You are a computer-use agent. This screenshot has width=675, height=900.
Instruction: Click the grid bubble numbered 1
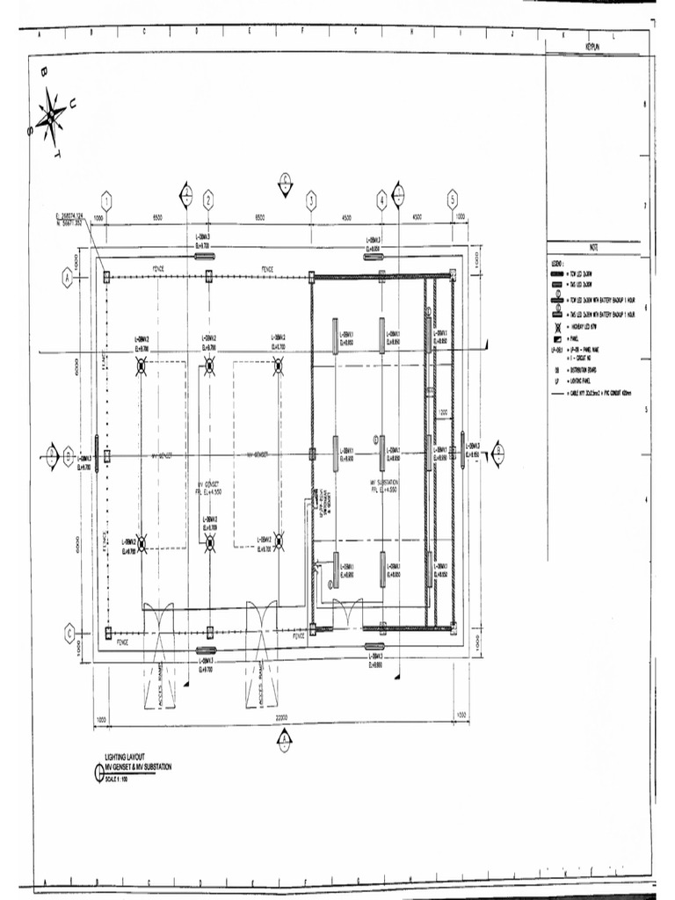pyautogui.click(x=106, y=198)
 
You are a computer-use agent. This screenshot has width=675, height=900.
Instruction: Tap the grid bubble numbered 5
pyautogui.click(x=452, y=198)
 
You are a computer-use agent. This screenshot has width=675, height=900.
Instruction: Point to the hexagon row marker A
pyautogui.click(x=68, y=277)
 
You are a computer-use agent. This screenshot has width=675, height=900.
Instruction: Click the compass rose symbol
pyautogui.click(x=51, y=118)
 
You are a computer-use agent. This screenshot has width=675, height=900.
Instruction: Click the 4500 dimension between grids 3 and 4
pyautogui.click(x=346, y=216)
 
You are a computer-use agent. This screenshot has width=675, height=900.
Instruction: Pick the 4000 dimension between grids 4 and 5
pyautogui.click(x=416, y=216)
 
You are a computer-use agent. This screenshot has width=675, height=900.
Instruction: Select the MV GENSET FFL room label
pyautogui.click(x=210, y=488)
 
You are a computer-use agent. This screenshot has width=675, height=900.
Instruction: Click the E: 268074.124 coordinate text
pyautogui.click(x=69, y=215)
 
